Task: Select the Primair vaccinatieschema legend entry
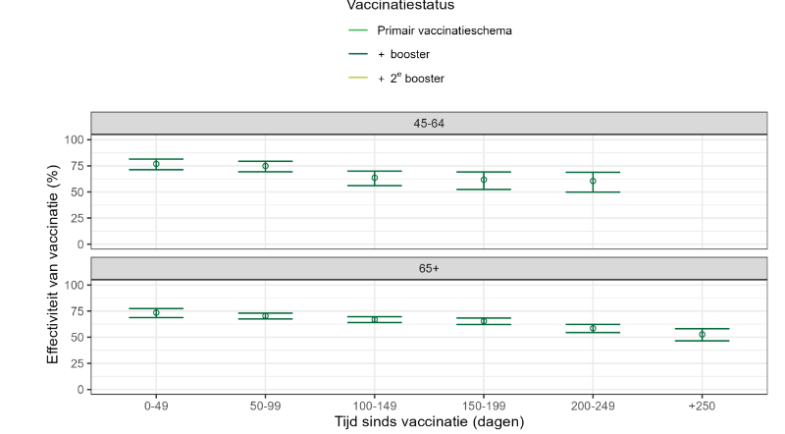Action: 445,30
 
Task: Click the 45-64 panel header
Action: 428,123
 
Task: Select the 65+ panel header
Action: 428,267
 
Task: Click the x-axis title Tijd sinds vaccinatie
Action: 428,421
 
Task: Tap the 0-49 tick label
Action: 156,405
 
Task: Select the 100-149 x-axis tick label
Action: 374,405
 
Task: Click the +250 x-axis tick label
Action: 702,405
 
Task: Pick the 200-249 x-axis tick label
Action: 593,405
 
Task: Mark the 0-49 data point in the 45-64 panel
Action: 156,164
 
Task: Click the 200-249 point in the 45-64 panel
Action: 593,181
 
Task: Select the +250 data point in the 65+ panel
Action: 702,334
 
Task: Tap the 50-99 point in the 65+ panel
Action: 265,315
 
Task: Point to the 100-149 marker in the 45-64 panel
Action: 374,178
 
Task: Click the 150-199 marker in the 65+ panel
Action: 484,320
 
